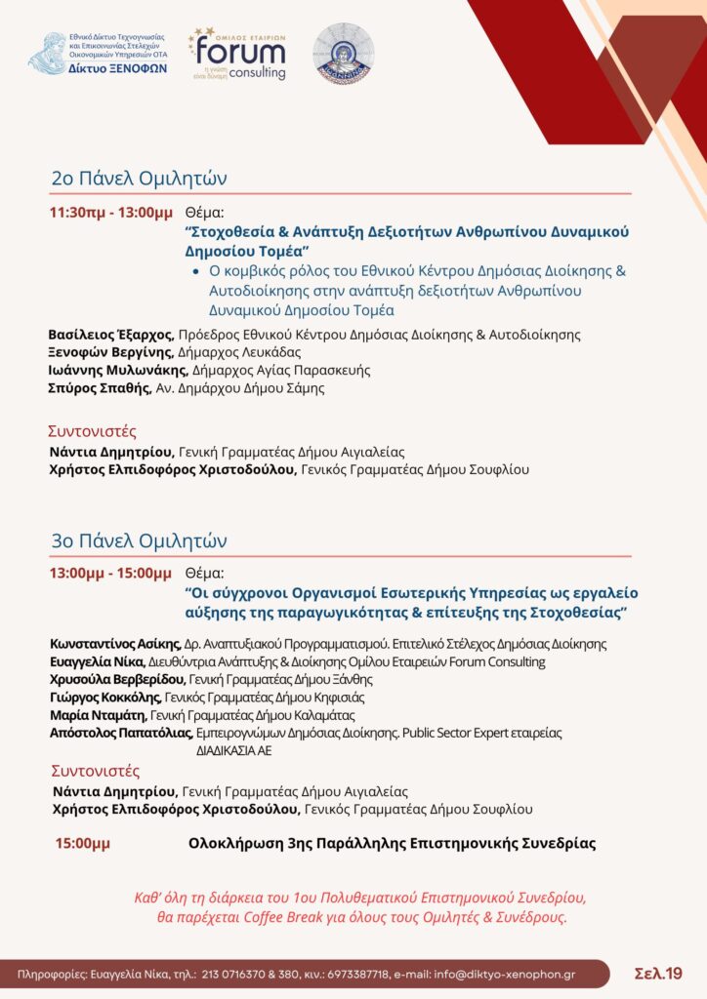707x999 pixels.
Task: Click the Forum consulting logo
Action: tap(237, 55)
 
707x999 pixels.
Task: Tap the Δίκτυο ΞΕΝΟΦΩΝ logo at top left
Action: tap(98, 54)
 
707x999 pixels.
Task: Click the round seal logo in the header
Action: tap(343, 53)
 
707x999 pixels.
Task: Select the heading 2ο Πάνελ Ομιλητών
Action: tap(139, 179)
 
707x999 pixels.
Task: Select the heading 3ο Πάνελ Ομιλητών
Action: tap(139, 540)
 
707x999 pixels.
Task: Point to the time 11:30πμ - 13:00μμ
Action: tap(110, 213)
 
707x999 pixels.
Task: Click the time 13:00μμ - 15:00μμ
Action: tap(110, 573)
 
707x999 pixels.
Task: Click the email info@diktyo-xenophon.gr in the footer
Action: tap(533, 974)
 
